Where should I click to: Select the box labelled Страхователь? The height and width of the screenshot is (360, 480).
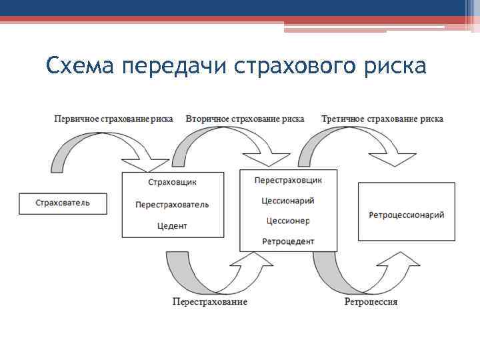point(63,203)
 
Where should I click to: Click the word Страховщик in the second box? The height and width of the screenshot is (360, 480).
point(172,182)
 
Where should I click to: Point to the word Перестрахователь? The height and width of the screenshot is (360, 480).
point(172,204)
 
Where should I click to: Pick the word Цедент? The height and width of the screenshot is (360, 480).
point(172,226)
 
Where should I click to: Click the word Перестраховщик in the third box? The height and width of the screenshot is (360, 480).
point(289,180)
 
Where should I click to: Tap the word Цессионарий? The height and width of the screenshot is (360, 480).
point(289,200)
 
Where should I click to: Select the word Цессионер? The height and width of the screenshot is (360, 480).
point(289,221)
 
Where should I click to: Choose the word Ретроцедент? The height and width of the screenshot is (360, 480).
point(289,241)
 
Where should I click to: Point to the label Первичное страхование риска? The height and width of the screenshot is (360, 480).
point(113,119)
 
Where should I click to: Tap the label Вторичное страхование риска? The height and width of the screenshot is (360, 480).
point(245,119)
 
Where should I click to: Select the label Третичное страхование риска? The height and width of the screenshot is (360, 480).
point(382,119)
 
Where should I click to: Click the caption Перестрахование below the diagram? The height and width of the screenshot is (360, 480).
point(210,302)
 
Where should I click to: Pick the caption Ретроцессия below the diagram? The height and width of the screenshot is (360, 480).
point(371,302)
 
